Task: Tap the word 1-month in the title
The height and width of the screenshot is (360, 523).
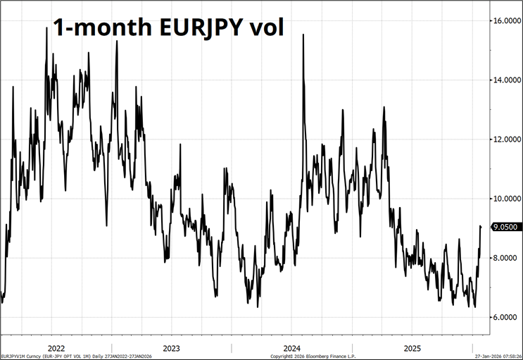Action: coord(89,30)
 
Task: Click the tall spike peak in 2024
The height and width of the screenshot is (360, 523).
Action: coord(303,35)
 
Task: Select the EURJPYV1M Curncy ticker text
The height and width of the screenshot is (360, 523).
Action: coord(19,356)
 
